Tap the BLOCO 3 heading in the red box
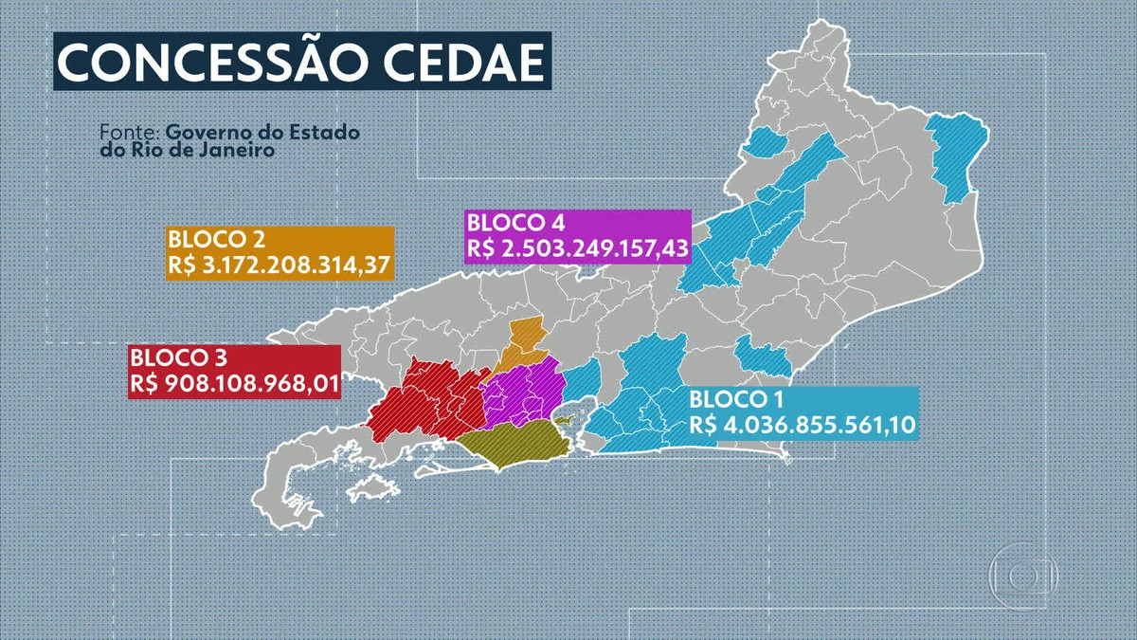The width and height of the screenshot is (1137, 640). (x=172, y=359)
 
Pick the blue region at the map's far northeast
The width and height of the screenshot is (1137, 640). (x=951, y=156)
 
